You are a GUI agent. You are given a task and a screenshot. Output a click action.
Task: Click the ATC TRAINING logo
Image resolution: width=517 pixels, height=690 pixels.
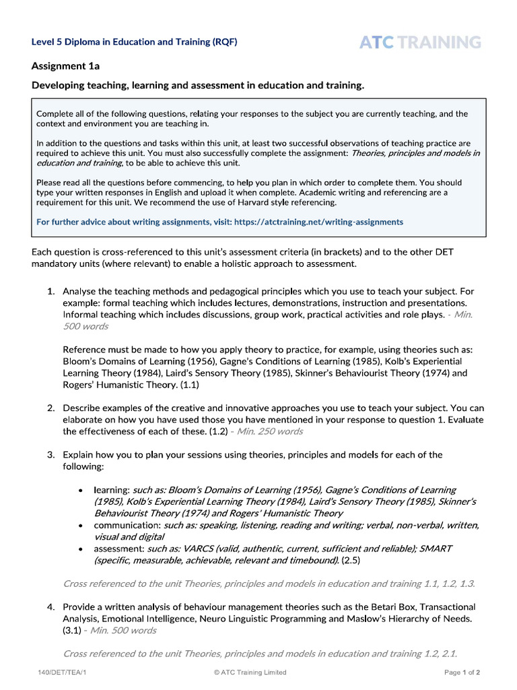[x=420, y=42]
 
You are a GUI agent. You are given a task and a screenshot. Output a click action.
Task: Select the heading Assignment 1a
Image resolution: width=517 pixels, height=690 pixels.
[x=65, y=66]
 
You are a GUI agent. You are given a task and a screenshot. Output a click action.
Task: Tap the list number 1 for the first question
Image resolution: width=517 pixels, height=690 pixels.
[x=50, y=291]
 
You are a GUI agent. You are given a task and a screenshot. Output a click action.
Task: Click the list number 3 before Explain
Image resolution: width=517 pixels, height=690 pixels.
[x=50, y=455]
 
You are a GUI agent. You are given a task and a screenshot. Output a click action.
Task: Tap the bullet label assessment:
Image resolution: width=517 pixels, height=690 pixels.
[x=119, y=548]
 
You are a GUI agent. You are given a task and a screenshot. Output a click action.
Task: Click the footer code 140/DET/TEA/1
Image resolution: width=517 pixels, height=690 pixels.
[x=59, y=672]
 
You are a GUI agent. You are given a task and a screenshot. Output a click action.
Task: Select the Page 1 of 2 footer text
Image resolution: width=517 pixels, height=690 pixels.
[x=462, y=672]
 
